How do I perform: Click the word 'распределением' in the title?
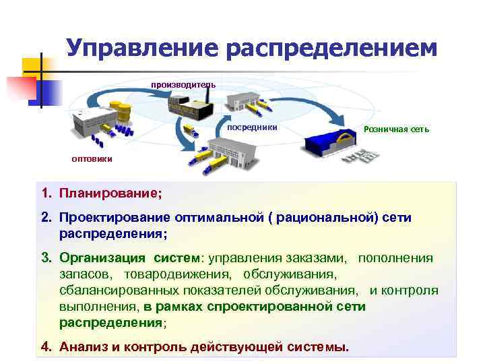click(x=331, y=49)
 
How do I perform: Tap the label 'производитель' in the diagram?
click(x=183, y=84)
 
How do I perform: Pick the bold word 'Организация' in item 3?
click(x=102, y=258)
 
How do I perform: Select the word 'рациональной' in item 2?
click(x=315, y=218)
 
